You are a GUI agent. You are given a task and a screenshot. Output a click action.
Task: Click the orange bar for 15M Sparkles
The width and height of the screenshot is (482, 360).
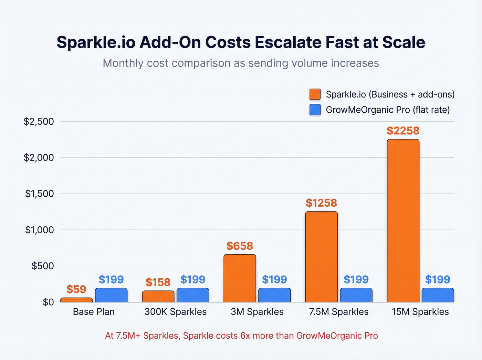coord(403,220)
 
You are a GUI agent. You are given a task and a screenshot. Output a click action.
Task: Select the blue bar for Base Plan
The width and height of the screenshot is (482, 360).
coord(111,295)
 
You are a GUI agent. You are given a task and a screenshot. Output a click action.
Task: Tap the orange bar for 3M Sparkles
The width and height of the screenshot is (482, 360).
coord(240,278)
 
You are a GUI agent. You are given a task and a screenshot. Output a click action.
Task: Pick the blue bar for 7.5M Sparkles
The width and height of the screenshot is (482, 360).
coord(356,295)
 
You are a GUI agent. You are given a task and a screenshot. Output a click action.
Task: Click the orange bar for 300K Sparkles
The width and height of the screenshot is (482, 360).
coord(158,297)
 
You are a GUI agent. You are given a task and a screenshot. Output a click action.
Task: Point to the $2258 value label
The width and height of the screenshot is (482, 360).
coord(403,131)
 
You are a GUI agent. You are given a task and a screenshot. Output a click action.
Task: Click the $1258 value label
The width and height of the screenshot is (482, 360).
coord(321,203)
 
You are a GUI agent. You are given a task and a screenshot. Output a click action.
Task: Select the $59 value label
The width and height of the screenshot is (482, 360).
coord(76,289)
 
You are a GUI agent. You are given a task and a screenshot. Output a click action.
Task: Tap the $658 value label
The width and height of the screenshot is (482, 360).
coord(240,246)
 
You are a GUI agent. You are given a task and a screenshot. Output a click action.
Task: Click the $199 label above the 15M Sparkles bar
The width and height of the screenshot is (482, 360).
coord(438,279)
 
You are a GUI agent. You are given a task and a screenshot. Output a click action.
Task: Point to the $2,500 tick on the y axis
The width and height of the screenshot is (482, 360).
coord(39,122)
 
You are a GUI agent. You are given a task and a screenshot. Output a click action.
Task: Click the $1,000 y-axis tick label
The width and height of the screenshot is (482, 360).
coord(39,230)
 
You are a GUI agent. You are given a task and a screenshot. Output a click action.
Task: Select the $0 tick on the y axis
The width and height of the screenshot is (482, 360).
coord(48,302)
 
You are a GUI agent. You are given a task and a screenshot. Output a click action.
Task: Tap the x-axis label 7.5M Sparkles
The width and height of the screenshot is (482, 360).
coord(338,312)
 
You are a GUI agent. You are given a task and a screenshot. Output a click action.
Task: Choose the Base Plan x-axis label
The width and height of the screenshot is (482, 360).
coord(94,312)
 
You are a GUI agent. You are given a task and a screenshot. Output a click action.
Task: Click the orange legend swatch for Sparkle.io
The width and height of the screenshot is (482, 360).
coord(315,94)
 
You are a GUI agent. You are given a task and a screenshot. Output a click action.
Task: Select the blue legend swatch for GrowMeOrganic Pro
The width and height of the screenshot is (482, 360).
coord(315,110)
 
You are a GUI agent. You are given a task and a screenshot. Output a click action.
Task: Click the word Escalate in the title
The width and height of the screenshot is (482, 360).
coord(289,42)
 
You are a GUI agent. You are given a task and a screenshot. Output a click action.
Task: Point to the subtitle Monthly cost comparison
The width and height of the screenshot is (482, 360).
coord(241,63)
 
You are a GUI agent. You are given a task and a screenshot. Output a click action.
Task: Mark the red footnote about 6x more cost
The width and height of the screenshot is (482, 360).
coord(241,336)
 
